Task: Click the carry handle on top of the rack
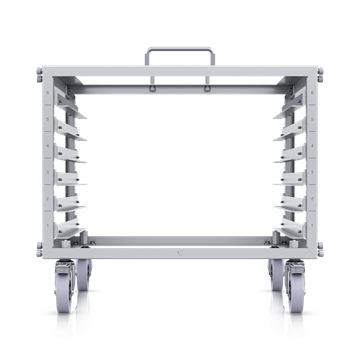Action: [x=180, y=47]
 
